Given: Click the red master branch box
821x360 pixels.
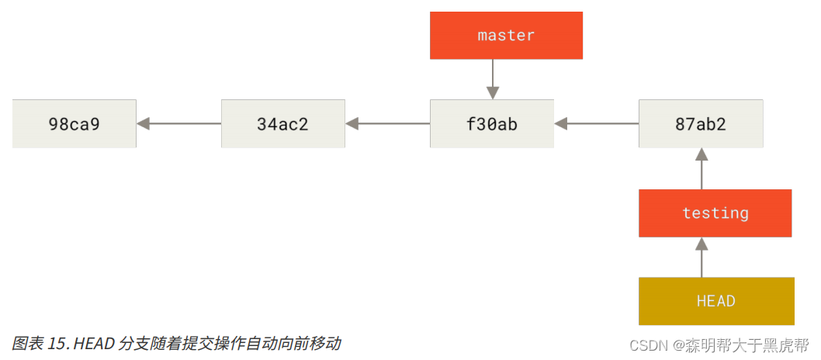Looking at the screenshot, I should (x=506, y=35).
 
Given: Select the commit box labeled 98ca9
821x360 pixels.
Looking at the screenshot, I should (x=74, y=123).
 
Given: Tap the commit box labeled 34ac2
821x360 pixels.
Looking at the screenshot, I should (x=283, y=123).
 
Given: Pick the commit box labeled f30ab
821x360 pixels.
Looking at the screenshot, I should (x=492, y=123).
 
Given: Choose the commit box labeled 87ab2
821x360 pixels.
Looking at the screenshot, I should (x=701, y=123).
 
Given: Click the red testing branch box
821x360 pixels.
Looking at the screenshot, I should (x=715, y=213).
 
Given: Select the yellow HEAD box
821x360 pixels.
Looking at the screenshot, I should (x=716, y=301).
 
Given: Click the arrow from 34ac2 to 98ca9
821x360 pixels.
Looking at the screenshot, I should (x=178, y=123).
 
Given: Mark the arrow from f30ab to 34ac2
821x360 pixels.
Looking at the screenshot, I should (x=387, y=123).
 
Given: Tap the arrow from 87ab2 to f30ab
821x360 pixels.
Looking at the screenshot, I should (x=596, y=123).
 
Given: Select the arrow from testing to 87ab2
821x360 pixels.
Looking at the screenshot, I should (x=701, y=168).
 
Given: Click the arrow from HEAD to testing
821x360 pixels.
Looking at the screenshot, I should (x=701, y=257).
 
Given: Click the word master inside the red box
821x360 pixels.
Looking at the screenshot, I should (x=506, y=35).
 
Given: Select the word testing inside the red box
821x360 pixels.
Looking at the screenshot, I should (x=715, y=213).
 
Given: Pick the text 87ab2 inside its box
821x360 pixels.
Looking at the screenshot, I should (x=701, y=123).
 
